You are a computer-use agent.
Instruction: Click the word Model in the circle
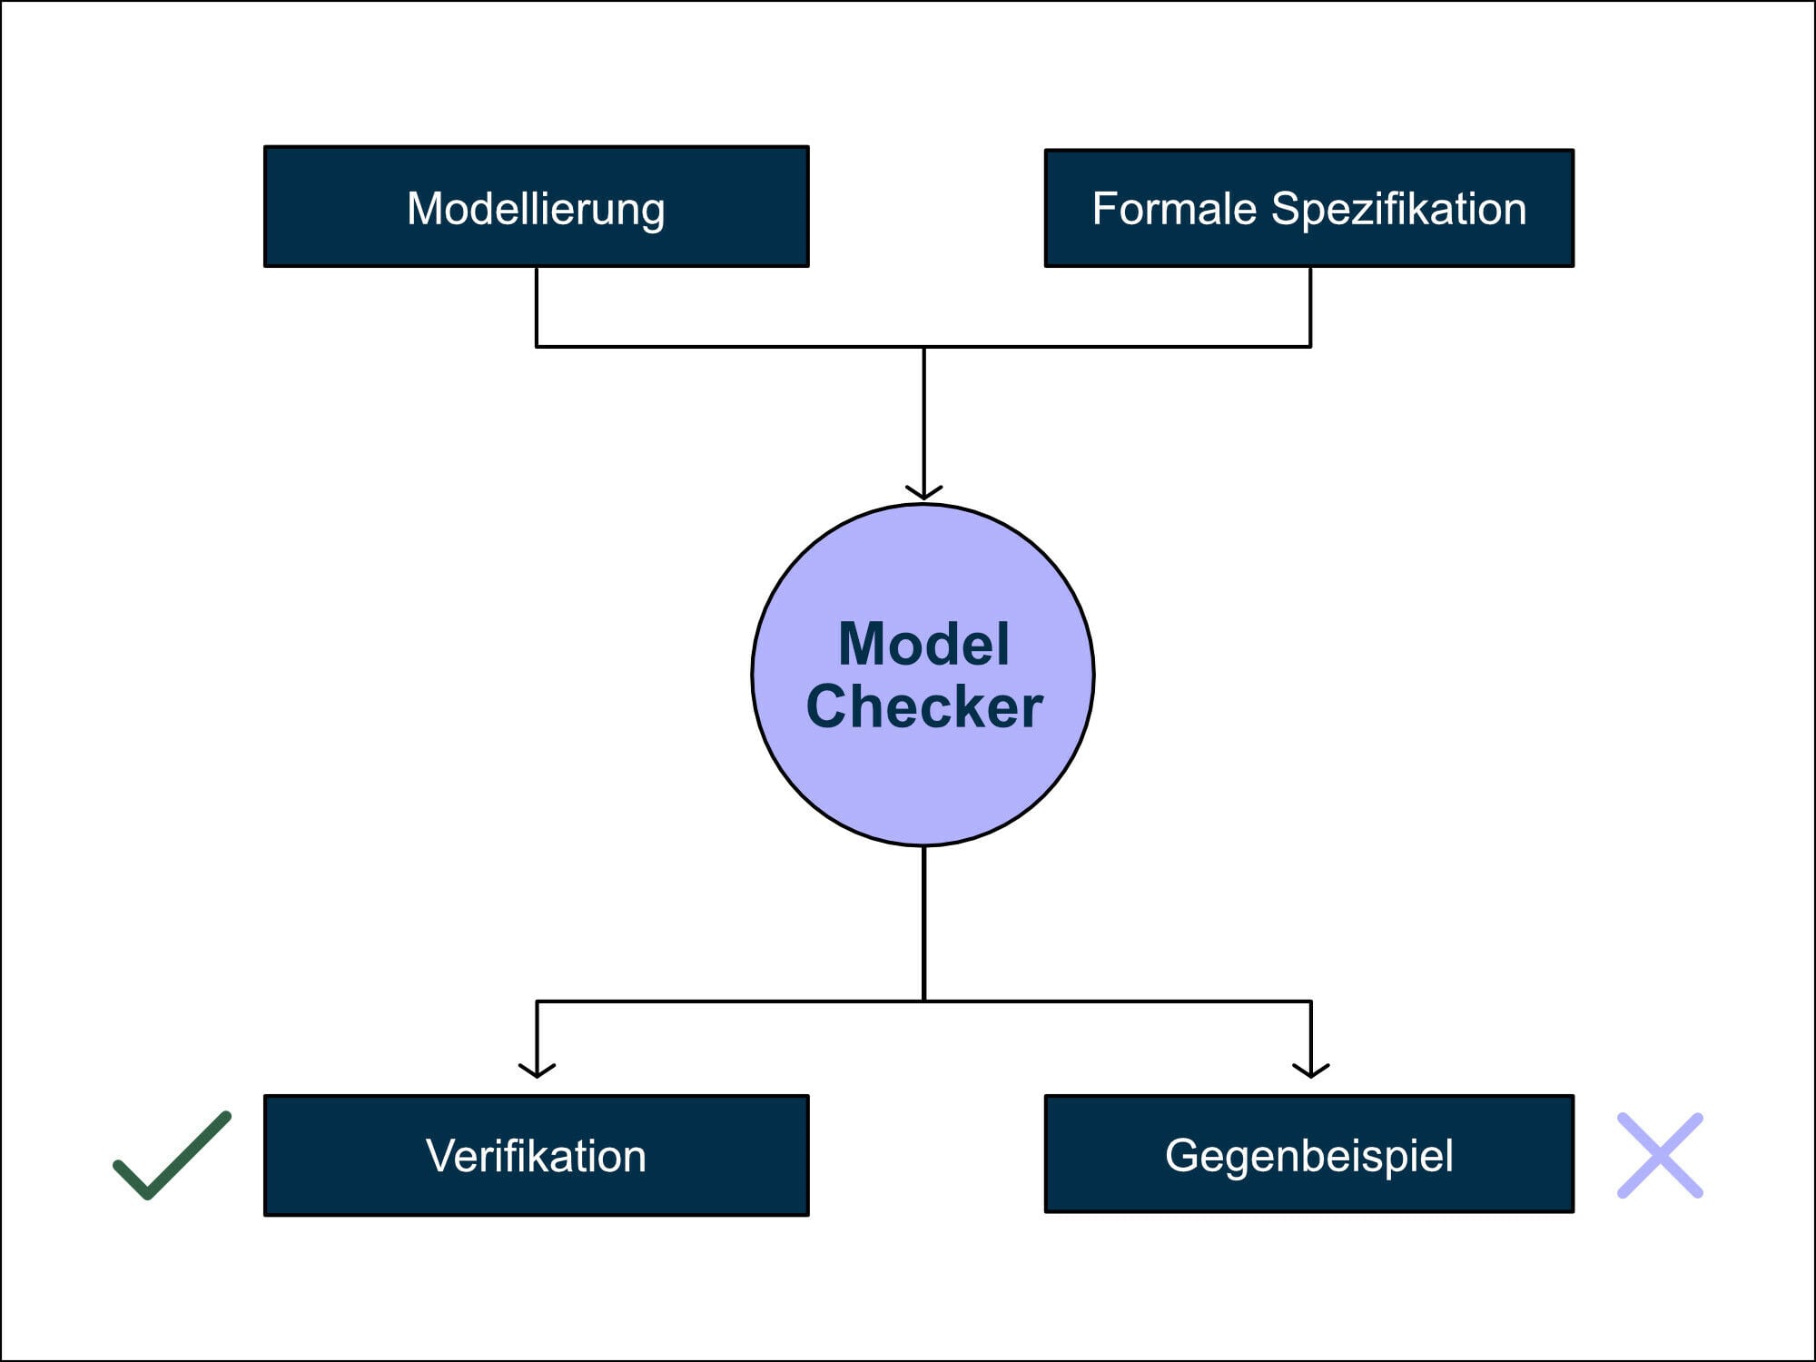click(x=923, y=644)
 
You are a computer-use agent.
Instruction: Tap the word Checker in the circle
click(x=923, y=707)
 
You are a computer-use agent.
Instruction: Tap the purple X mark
click(x=1660, y=1155)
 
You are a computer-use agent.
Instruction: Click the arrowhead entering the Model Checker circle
click(x=923, y=493)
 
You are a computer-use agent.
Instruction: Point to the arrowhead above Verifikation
click(x=537, y=1071)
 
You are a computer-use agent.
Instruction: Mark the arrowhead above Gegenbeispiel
click(x=1310, y=1071)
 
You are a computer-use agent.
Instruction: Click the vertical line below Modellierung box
click(x=537, y=307)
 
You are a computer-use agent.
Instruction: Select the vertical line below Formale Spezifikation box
click(x=1310, y=307)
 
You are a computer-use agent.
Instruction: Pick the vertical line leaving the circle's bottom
click(x=923, y=922)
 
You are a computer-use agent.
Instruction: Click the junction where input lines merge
click(x=923, y=346)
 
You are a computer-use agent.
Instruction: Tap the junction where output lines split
click(x=923, y=1001)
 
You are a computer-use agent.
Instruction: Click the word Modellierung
click(x=536, y=209)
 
